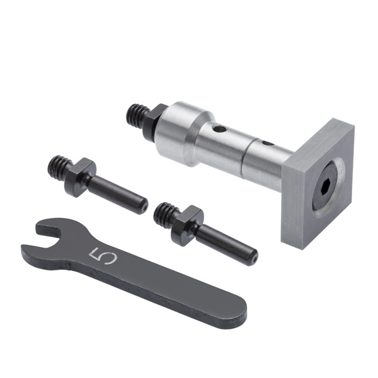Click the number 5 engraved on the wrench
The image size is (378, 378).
103,256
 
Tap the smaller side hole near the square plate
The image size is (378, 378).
267,144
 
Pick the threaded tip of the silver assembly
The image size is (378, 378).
137,115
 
